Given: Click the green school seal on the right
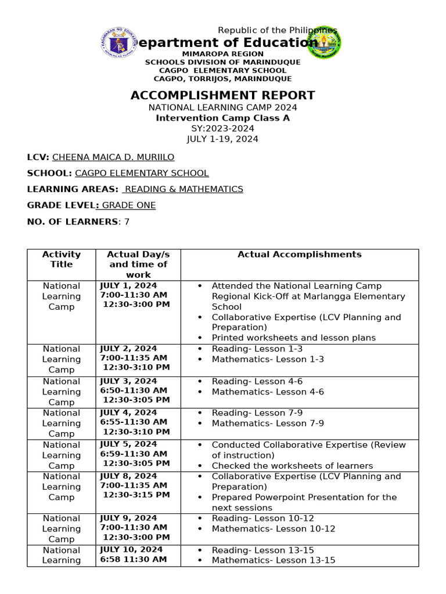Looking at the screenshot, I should (324, 42).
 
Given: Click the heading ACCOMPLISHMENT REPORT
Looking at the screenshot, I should (222, 96).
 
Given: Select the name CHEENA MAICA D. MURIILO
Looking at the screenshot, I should (113, 157).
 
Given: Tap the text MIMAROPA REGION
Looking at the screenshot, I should (222, 54).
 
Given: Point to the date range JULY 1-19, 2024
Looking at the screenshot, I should (222, 139).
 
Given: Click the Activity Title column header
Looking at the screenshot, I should (61, 259).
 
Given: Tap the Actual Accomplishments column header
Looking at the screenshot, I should (299, 255).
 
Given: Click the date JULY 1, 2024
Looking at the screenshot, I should (128, 286).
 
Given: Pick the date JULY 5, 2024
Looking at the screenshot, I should (128, 445).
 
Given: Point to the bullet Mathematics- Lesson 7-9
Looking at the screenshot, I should (268, 423).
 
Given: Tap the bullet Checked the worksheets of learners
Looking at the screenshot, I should (292, 466).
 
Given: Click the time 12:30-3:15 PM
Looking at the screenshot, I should (136, 495).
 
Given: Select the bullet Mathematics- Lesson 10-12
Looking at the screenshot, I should (273, 529).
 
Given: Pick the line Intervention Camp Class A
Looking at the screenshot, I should (222, 118).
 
